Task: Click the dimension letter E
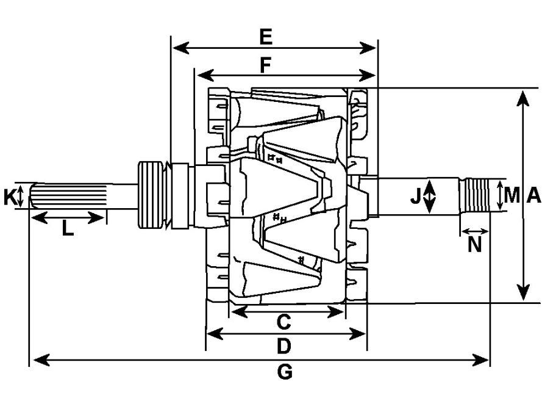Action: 266,37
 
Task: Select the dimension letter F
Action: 265,65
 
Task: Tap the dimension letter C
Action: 283,322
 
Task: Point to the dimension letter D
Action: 283,346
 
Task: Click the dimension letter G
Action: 285,372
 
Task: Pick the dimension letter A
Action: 533,195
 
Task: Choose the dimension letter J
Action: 415,197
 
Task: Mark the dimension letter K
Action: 9,197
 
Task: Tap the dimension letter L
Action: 68,228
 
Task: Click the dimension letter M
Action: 512,195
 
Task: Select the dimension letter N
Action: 474,245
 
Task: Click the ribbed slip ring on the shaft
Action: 151,195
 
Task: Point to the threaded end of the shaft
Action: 475,196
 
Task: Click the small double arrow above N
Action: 475,231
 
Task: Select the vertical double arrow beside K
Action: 20,195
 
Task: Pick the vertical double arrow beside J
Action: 429,196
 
